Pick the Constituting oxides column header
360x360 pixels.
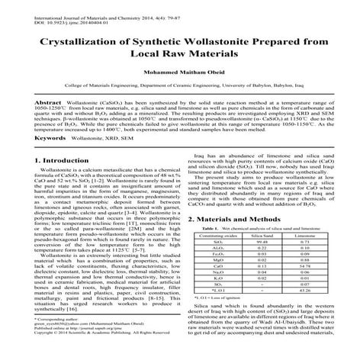point(213,238)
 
